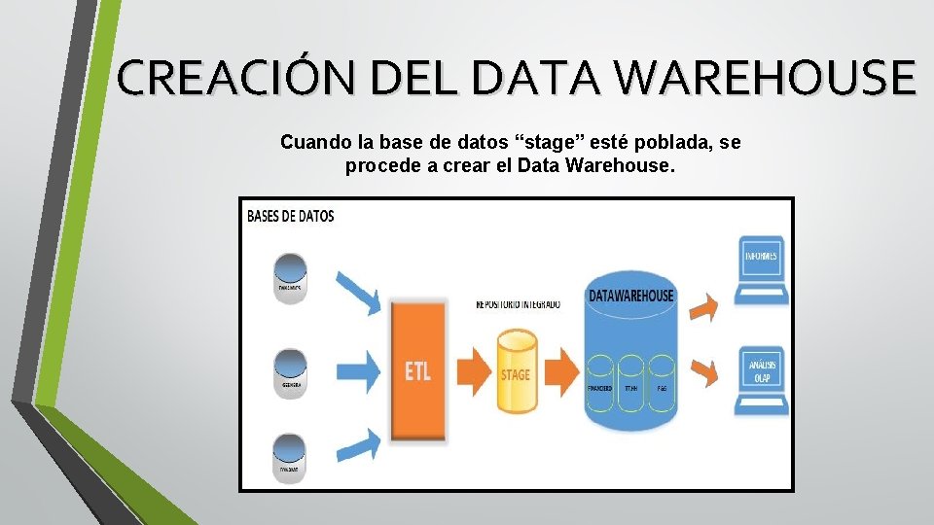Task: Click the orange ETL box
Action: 417,367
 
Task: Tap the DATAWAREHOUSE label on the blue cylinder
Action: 630,295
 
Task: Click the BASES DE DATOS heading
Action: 291,216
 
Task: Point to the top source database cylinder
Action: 289,276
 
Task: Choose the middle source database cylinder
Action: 289,369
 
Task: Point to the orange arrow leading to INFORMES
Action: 708,305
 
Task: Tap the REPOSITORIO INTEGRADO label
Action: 517,304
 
